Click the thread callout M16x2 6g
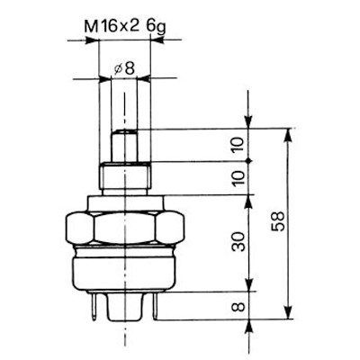125,28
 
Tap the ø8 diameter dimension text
124,69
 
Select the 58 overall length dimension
277,221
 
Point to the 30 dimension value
240,241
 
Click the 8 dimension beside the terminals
239,307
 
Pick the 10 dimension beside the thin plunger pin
239,146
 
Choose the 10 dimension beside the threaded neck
239,177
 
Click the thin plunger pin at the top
124,146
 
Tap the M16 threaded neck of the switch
124,177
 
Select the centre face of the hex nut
124,228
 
